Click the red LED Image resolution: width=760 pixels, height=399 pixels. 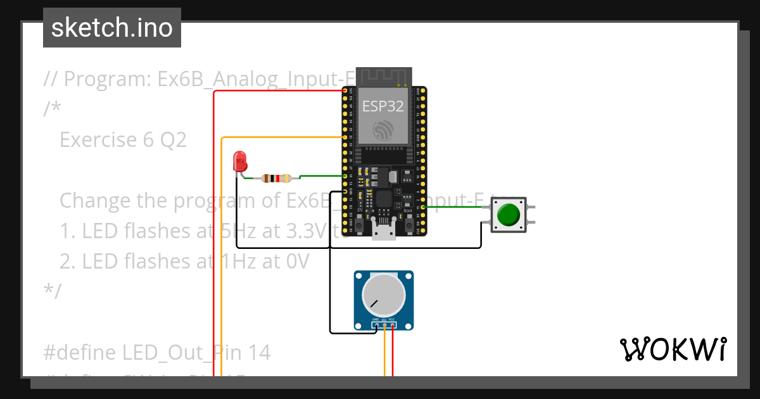tap(239, 161)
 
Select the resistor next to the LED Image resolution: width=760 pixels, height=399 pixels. tap(276, 179)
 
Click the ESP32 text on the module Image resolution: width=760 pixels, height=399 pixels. tap(383, 106)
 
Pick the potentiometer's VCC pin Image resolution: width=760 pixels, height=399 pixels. tap(393, 326)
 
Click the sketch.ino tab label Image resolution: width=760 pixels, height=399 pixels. tap(112, 28)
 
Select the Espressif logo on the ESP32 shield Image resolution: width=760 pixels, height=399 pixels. tap(383, 129)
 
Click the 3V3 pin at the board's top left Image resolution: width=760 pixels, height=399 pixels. tap(345, 91)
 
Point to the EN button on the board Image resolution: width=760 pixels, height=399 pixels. tap(359, 224)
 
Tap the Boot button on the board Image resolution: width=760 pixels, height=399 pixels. tap(408, 224)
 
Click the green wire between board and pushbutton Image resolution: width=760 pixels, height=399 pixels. tap(456, 207)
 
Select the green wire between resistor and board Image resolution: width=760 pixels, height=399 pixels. tap(320, 175)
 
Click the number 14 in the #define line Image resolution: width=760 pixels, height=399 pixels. tap(259, 352)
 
